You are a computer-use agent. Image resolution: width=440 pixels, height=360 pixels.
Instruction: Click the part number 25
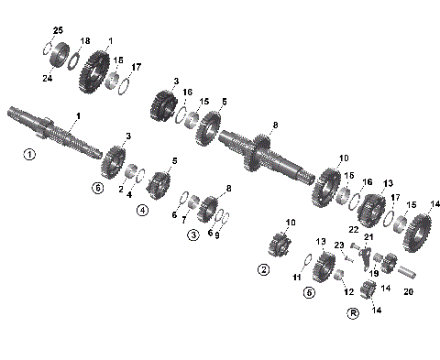[58, 32]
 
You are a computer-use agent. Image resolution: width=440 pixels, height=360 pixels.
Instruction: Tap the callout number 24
[48, 78]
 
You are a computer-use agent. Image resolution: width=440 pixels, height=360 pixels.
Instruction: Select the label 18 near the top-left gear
[85, 42]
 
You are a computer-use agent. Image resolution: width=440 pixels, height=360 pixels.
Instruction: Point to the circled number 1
[29, 155]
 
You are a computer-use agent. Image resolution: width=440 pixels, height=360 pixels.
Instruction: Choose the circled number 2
[263, 270]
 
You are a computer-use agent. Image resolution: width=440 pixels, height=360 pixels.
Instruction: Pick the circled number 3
[193, 235]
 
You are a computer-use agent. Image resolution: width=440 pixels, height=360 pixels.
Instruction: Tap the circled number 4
[143, 210]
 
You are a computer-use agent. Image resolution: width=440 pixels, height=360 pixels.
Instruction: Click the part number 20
[409, 292]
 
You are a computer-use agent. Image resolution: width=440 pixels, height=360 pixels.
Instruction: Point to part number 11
[296, 276]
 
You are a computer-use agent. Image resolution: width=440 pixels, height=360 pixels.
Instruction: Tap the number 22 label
[353, 229]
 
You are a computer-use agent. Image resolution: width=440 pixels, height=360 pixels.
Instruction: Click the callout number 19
[374, 273]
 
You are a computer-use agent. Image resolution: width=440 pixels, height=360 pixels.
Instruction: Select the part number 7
[182, 220]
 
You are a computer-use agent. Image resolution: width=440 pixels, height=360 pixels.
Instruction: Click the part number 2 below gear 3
[120, 189]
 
